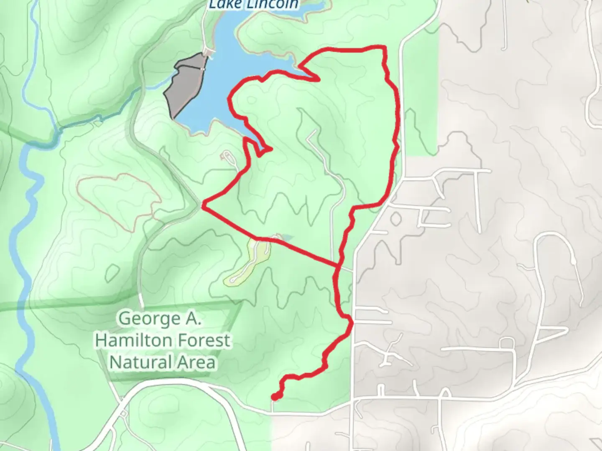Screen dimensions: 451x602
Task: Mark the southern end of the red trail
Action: (x=275, y=396)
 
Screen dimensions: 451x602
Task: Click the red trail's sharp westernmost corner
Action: (x=203, y=205)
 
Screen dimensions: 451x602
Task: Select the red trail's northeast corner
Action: (x=384, y=48)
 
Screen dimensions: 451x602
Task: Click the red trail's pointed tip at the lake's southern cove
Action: (x=272, y=149)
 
